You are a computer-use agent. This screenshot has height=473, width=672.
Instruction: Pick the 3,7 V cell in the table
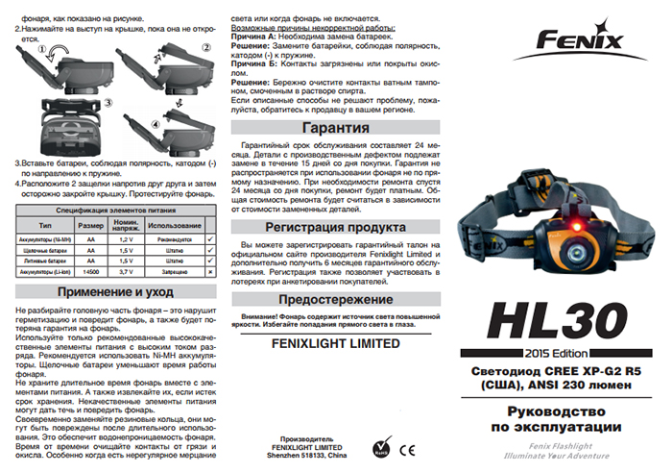point(127,272)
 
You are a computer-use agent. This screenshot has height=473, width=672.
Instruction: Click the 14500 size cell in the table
point(89,272)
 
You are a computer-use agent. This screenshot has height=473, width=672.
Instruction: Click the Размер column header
point(89,224)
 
